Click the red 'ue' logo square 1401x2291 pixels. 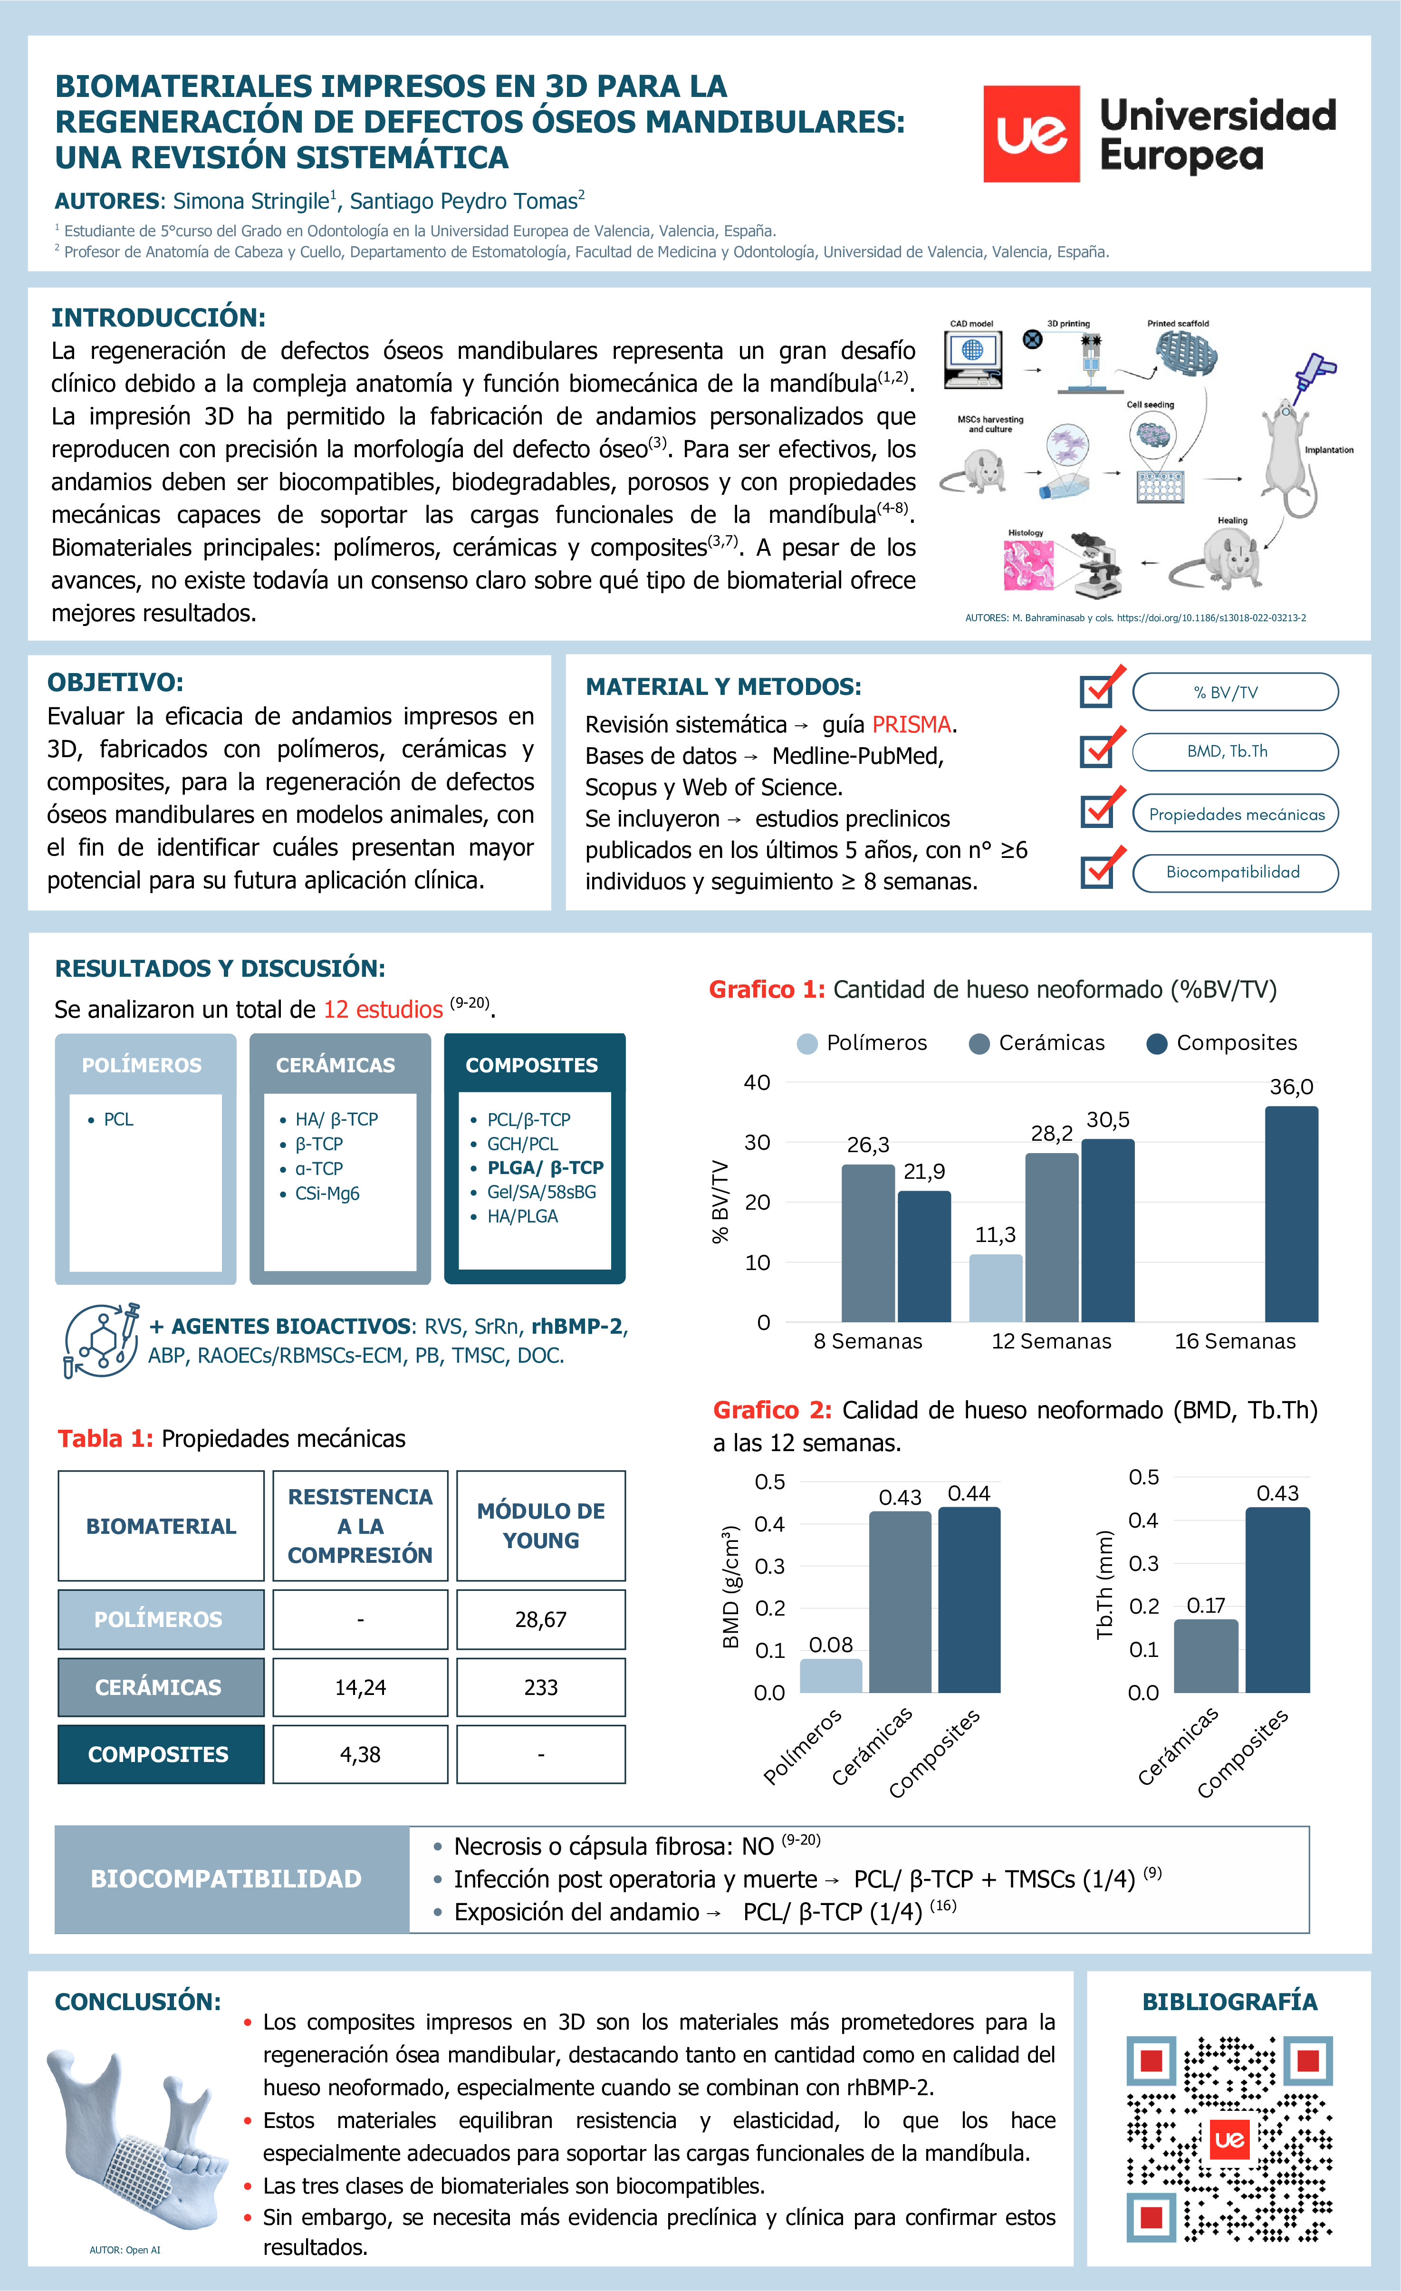pos(1031,134)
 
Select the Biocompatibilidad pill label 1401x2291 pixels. pos(1234,872)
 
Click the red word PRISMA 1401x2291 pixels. pos(911,724)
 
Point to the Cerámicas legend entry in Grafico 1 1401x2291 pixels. pos(1036,1043)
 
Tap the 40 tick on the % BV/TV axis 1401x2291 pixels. pos(757,1082)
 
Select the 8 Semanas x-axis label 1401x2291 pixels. pos(867,1341)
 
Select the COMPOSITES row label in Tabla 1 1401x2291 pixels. pos(160,1754)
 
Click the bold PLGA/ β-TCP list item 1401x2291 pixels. pos(545,1168)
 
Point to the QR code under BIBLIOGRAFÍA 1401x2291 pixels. pos(1229,2138)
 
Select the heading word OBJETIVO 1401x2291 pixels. pos(115,683)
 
